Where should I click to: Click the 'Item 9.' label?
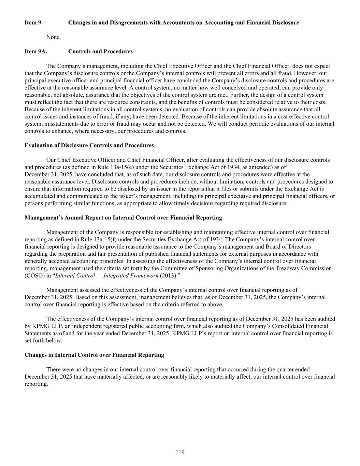click(33, 23)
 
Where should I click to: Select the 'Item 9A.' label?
click(35, 52)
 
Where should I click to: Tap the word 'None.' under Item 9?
click(54, 37)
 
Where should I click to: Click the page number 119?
click(180, 452)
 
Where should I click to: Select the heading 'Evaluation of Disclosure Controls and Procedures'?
click(89, 145)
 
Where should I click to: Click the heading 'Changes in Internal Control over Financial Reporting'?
click(94, 355)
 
